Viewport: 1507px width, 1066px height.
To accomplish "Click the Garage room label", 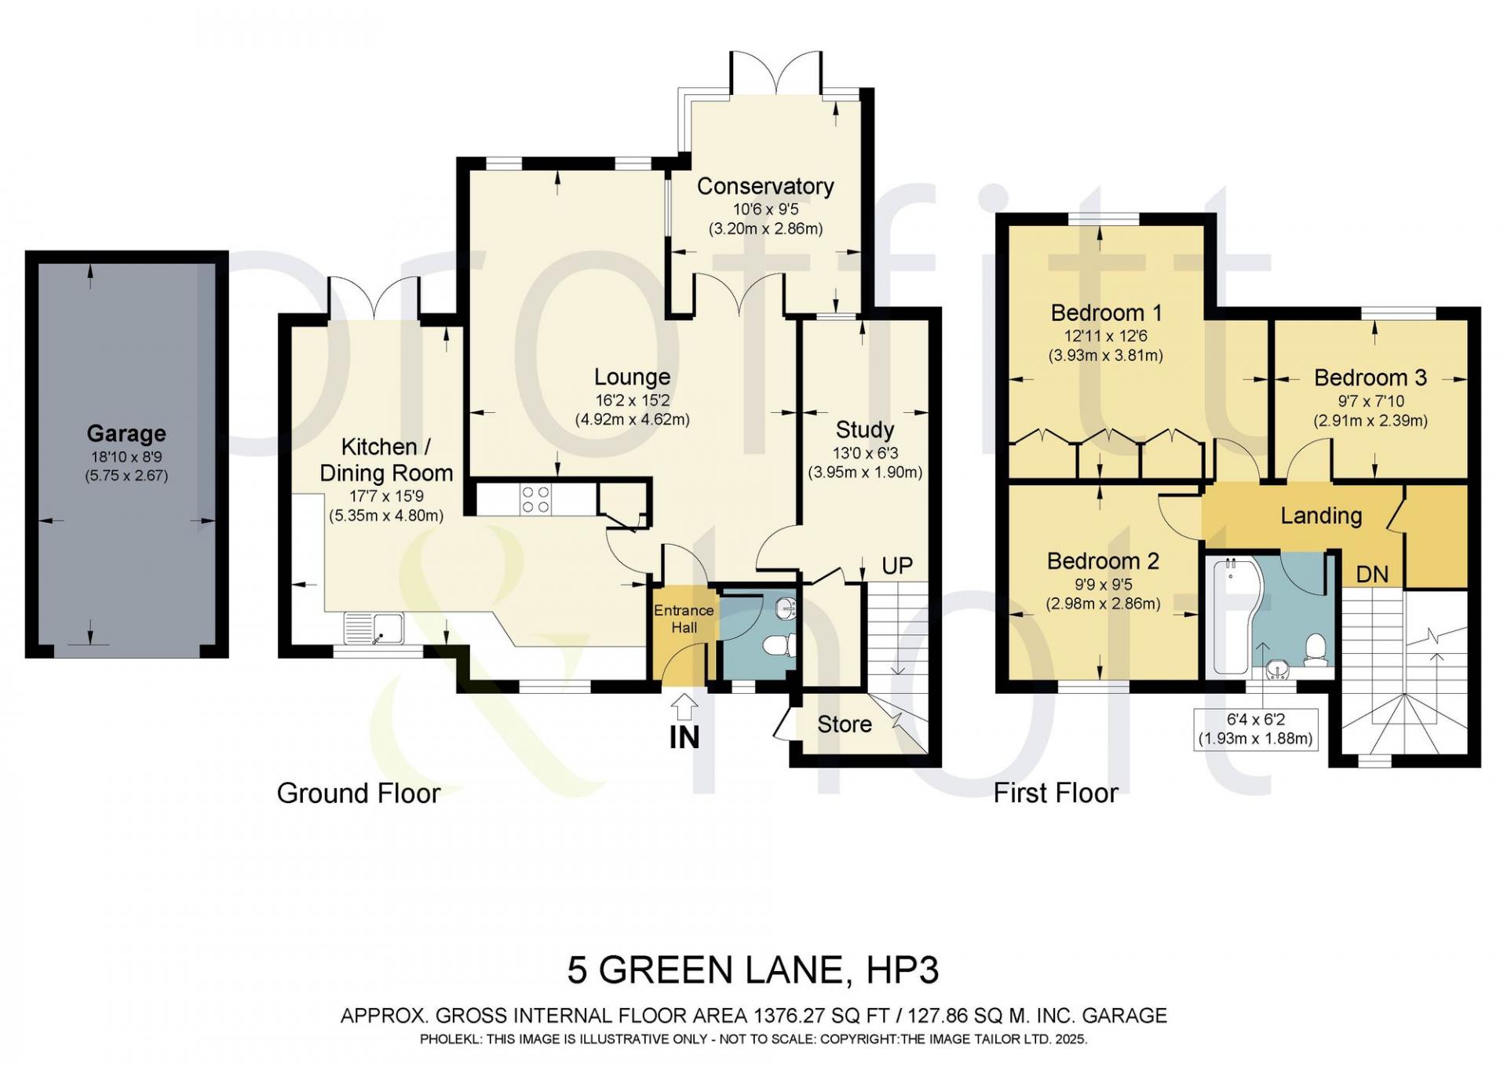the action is tap(126, 433).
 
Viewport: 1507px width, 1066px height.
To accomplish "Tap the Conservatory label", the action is tap(765, 186).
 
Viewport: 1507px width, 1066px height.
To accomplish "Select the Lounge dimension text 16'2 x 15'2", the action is tap(632, 400).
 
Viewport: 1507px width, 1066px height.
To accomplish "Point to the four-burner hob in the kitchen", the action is tap(535, 500).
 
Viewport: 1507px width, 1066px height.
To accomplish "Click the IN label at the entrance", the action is tap(684, 738).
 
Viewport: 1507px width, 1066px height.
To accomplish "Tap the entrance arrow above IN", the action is tap(684, 706).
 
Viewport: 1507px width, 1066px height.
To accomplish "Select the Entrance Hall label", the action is tap(684, 619).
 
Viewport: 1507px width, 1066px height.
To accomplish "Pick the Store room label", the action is tap(845, 724).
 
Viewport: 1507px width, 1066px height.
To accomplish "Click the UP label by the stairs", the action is tap(897, 566).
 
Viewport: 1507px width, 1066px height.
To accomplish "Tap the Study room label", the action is tap(865, 430).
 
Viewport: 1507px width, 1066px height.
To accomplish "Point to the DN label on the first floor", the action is tap(1372, 575).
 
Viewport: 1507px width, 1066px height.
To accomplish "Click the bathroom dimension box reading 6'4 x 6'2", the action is tap(1255, 729).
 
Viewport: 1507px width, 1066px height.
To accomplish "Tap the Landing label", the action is tap(1321, 516).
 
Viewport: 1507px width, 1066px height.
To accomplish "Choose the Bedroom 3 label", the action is tap(1370, 378).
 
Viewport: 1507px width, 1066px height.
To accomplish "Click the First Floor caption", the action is tap(1056, 793).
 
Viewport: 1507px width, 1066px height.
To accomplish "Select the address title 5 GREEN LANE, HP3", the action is tap(753, 970).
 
